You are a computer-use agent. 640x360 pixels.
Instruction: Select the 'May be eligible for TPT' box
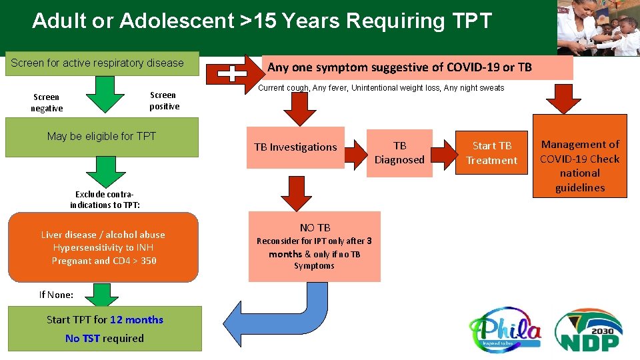(x=101, y=137)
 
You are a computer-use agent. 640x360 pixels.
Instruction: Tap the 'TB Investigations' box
(x=295, y=147)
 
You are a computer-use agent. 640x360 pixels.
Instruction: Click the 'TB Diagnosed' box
(x=399, y=153)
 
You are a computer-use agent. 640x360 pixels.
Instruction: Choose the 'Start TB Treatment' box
(x=492, y=153)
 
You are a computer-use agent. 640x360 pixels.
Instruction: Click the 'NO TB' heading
(x=315, y=228)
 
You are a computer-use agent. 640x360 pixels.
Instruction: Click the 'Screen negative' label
(x=47, y=103)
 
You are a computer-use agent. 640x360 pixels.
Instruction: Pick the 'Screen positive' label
(x=164, y=101)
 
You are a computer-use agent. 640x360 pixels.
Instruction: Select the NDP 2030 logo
(x=589, y=329)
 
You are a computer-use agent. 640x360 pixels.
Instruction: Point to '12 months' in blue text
(x=137, y=320)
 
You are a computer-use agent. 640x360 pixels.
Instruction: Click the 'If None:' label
(x=56, y=295)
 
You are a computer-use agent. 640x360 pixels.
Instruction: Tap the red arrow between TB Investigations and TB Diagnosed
(x=355, y=147)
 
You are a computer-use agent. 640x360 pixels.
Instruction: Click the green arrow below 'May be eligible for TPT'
(x=102, y=172)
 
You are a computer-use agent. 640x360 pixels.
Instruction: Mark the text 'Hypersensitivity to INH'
(x=103, y=248)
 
